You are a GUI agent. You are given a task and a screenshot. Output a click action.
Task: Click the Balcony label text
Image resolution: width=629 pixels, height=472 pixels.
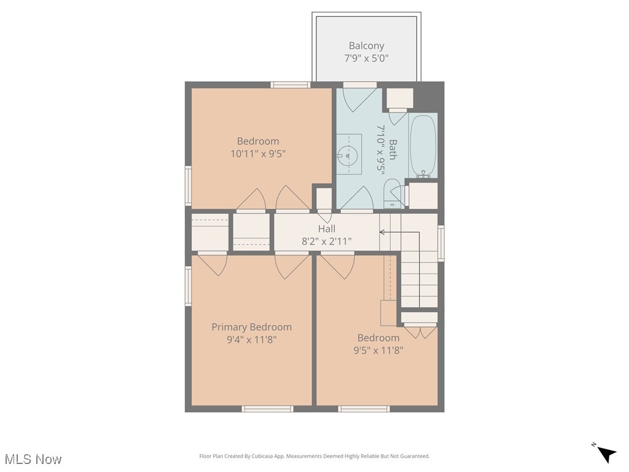pyautogui.click(x=366, y=45)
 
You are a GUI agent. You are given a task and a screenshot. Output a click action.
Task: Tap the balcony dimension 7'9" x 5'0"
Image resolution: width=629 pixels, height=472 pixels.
pyautogui.click(x=366, y=58)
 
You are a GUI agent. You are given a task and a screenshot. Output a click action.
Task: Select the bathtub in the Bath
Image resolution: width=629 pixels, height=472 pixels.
pyautogui.click(x=423, y=146)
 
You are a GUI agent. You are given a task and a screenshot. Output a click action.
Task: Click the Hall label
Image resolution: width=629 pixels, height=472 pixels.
pyautogui.click(x=327, y=229)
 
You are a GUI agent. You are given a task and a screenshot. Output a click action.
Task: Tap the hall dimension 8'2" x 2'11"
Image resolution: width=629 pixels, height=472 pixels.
pyautogui.click(x=327, y=242)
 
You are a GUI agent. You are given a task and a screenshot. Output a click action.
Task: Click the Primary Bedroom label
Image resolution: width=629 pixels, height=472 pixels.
pyautogui.click(x=251, y=327)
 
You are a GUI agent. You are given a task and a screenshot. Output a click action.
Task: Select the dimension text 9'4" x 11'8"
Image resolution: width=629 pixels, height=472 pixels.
pyautogui.click(x=251, y=339)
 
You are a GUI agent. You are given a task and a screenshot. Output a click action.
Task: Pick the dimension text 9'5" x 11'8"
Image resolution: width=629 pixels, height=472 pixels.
pyautogui.click(x=378, y=350)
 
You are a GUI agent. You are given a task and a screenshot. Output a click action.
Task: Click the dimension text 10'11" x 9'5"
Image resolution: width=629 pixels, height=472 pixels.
pyautogui.click(x=258, y=154)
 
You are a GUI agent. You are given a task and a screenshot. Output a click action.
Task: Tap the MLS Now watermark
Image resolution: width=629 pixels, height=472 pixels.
pyautogui.click(x=33, y=459)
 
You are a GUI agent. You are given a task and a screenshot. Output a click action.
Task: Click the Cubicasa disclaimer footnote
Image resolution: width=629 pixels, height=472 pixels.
pyautogui.click(x=314, y=456)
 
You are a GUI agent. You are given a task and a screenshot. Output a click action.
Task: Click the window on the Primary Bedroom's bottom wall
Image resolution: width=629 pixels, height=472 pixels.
pyautogui.click(x=267, y=409)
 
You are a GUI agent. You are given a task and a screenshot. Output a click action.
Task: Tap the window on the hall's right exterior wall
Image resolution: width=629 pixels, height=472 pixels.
pyautogui.click(x=440, y=243)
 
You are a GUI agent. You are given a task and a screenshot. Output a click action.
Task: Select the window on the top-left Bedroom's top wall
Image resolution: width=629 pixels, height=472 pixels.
pyautogui.click(x=290, y=85)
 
